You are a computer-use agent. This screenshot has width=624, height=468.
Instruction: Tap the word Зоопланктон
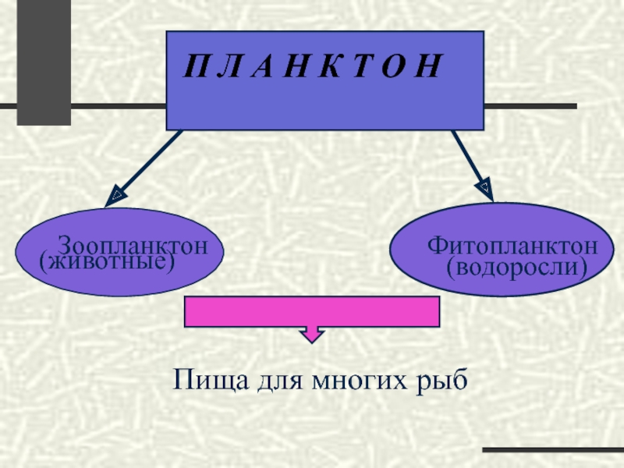(x=133, y=246)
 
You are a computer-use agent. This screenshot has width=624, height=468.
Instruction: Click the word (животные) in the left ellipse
(x=106, y=262)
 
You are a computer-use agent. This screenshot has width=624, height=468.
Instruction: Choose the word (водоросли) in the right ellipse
(x=516, y=268)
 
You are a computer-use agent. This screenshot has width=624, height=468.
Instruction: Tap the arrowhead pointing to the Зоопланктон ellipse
(x=115, y=194)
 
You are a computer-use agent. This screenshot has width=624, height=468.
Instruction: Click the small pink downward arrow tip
(x=312, y=336)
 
